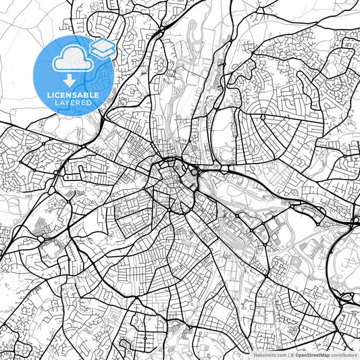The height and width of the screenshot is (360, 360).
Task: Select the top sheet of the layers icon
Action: tap(102, 45)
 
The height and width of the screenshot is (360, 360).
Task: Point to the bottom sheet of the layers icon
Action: tap(102, 53)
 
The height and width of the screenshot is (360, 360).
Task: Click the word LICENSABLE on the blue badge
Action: tap(73, 95)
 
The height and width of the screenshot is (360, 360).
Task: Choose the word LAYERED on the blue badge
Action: tap(73, 104)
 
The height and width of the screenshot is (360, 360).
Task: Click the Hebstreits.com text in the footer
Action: tap(269, 354)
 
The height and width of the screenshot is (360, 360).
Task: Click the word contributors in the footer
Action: tap(344, 354)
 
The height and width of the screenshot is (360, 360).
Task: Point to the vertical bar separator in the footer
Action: tap(288, 354)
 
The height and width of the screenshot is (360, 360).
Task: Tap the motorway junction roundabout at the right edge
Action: tap(355, 220)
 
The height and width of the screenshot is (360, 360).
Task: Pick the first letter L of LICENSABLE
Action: tap(49, 95)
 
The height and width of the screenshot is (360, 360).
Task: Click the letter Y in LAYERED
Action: tap(68, 104)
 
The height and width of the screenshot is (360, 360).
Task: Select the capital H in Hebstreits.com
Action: tap(255, 354)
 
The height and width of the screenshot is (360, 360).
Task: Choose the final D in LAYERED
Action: tap(91, 104)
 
